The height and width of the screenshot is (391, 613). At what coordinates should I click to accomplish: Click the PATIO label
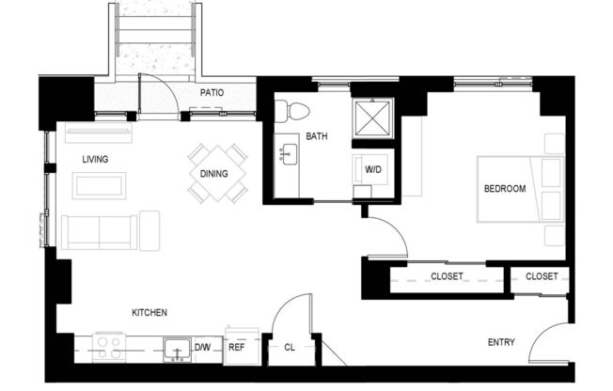pyautogui.click(x=212, y=93)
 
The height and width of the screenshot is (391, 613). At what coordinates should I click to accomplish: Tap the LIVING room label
pyautogui.click(x=95, y=159)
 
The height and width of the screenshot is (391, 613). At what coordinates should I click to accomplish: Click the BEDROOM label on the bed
pyautogui.click(x=505, y=189)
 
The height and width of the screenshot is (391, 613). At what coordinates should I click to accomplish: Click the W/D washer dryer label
pyautogui.click(x=373, y=170)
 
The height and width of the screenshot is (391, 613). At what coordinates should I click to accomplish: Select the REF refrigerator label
pyautogui.click(x=237, y=347)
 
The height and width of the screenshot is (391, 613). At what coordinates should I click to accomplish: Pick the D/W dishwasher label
pyautogui.click(x=202, y=348)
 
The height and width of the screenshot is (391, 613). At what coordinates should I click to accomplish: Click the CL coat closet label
pyautogui.click(x=289, y=347)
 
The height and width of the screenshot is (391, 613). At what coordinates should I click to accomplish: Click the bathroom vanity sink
pyautogui.click(x=288, y=154)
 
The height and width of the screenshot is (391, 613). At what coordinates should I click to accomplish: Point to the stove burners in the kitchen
pyautogui.click(x=110, y=347)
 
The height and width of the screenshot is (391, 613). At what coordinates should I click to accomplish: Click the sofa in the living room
pyautogui.click(x=101, y=229)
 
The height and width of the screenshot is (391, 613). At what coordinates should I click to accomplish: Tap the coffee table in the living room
pyautogui.click(x=99, y=185)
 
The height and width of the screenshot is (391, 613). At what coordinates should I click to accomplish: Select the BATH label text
pyautogui.click(x=317, y=137)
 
